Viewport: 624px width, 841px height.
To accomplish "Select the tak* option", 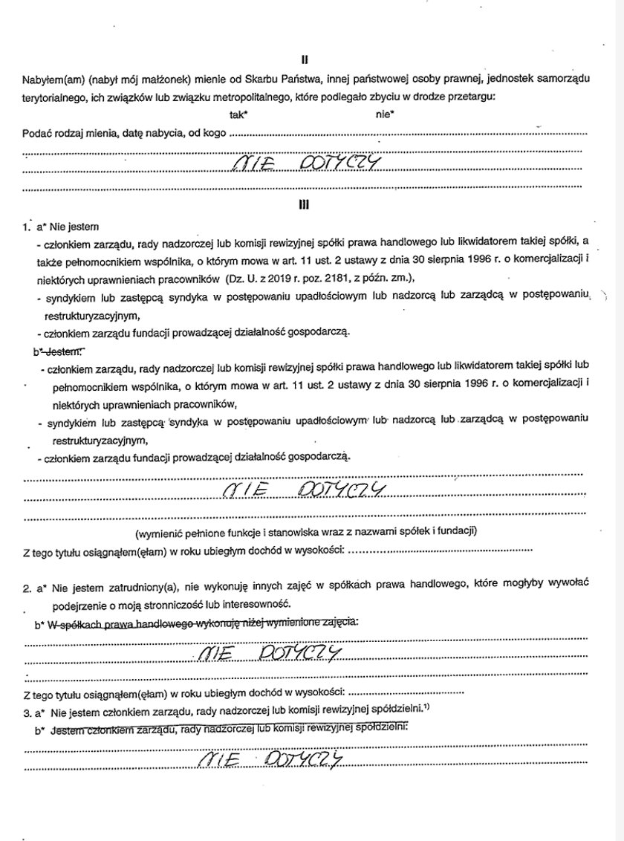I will (x=239, y=114).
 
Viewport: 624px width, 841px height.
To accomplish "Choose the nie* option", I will (x=385, y=114).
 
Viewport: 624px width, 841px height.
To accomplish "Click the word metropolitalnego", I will (x=254, y=97).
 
